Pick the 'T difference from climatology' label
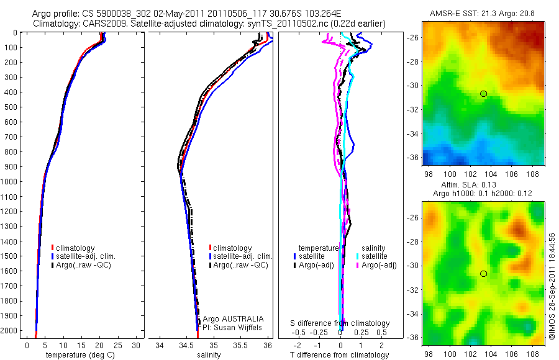coord(340,355)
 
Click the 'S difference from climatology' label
coord(340,323)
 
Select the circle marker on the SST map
coord(483,94)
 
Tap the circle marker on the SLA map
coord(483,273)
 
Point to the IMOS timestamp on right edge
coord(552,286)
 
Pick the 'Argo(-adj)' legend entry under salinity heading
coord(379,265)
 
